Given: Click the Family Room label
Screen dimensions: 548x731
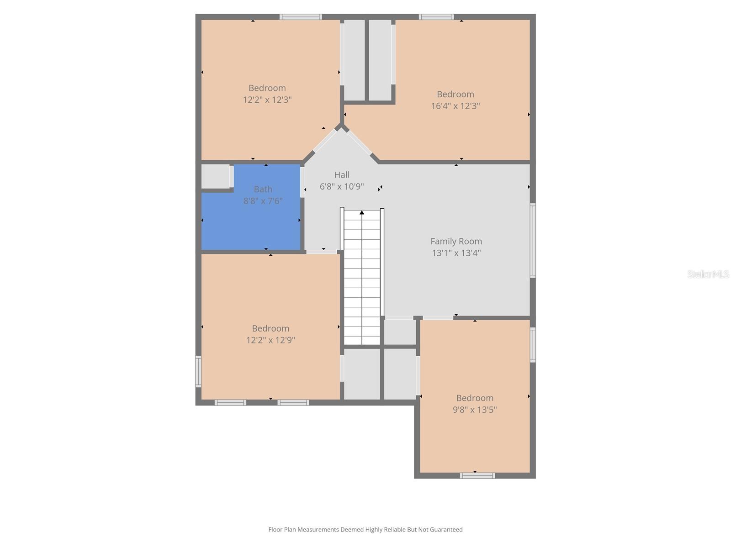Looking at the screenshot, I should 456,241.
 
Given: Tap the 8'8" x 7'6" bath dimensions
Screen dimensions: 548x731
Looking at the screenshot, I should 263,201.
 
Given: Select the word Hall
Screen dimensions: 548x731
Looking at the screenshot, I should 342,175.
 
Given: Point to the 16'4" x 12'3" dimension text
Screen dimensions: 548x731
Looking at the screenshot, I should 456,106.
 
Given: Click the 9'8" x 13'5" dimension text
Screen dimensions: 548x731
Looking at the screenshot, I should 475,410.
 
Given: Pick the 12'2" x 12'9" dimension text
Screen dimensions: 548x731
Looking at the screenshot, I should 270,340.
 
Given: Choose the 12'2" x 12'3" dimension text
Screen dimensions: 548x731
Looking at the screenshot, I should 267,100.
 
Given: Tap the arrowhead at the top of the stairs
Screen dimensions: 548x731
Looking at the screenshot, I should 362,212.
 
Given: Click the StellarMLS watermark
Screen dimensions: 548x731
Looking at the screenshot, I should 708,274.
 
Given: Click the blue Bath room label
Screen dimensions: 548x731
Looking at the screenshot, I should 263,189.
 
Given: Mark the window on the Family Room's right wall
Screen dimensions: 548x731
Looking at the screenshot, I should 533,240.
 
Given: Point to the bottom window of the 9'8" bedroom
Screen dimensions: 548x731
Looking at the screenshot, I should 477,476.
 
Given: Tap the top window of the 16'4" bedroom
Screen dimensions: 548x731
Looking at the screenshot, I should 436,17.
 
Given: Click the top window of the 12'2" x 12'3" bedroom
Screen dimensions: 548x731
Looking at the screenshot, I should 301,17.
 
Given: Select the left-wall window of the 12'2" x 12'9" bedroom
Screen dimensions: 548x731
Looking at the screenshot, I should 198,371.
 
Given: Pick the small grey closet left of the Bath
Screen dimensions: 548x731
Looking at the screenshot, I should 216,176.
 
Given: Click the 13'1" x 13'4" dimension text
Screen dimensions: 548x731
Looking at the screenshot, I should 456,253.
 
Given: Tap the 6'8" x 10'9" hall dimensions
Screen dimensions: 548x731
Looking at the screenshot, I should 342,187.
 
